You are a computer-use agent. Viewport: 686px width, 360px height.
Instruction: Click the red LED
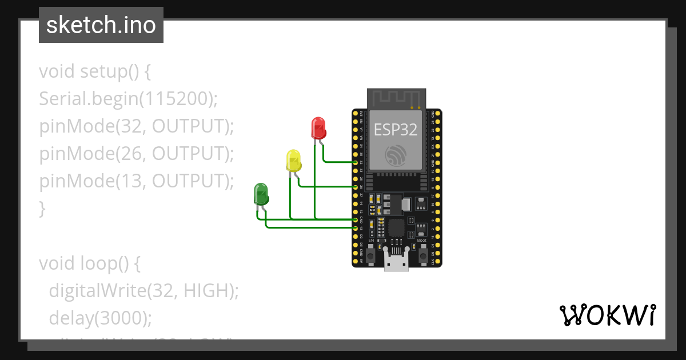318,127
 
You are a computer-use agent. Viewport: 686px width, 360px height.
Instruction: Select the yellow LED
293,161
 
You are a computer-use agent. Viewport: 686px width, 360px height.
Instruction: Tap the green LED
261,194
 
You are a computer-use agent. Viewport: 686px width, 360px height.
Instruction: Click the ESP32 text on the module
396,130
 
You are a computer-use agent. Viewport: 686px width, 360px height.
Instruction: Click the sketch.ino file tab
101,25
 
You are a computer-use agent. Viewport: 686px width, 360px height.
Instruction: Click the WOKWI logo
607,314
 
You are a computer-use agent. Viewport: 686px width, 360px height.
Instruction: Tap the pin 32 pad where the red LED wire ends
356,162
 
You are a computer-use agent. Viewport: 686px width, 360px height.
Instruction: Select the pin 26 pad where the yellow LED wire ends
356,187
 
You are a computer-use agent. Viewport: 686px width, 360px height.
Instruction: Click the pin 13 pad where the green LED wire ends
356,228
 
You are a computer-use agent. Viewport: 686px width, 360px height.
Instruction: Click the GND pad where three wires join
356,219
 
